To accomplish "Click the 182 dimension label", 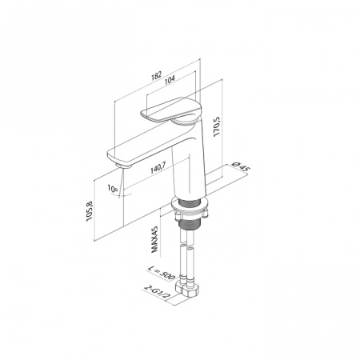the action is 157,76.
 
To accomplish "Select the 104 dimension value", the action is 170,79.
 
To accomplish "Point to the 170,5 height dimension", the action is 217,126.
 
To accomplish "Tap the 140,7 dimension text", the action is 158,168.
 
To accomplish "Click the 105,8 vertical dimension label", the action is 90,210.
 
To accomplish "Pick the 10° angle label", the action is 113,189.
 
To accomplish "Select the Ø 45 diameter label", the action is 241,166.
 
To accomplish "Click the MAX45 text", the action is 154,239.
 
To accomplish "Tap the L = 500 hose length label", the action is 161,273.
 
